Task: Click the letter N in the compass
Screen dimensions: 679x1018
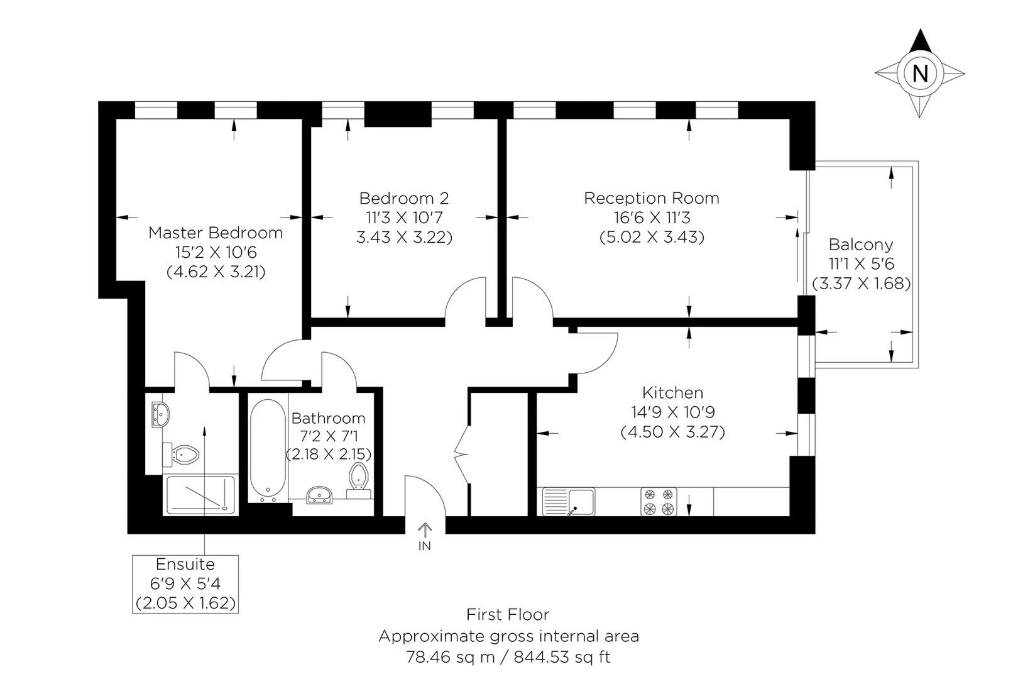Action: [x=919, y=74]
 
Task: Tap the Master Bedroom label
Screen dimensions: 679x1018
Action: [x=216, y=233]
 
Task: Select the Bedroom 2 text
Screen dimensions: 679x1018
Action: [x=404, y=198]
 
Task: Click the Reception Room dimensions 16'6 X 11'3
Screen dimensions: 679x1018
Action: [x=652, y=218]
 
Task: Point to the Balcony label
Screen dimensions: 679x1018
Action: [x=860, y=244]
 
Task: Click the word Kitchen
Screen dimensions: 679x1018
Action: [x=672, y=393]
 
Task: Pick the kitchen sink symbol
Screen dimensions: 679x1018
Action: [x=568, y=502]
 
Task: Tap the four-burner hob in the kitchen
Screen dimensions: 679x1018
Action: [x=659, y=502]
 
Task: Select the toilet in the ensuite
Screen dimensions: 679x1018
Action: [x=182, y=453]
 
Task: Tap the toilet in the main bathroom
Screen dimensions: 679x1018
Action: [x=359, y=478]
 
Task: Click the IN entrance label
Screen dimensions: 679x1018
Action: [x=425, y=546]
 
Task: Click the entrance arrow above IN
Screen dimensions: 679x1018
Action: [x=425, y=529]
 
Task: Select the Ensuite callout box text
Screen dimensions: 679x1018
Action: [x=185, y=583]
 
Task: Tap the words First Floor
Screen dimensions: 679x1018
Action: [x=508, y=614]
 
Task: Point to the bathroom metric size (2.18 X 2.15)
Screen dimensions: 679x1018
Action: [x=329, y=454]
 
